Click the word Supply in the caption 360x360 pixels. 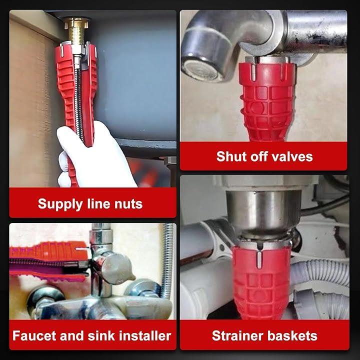[60, 204]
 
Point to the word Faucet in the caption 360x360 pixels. [34, 335]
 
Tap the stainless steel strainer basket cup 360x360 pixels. [263, 211]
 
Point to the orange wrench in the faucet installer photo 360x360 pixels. [48, 252]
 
